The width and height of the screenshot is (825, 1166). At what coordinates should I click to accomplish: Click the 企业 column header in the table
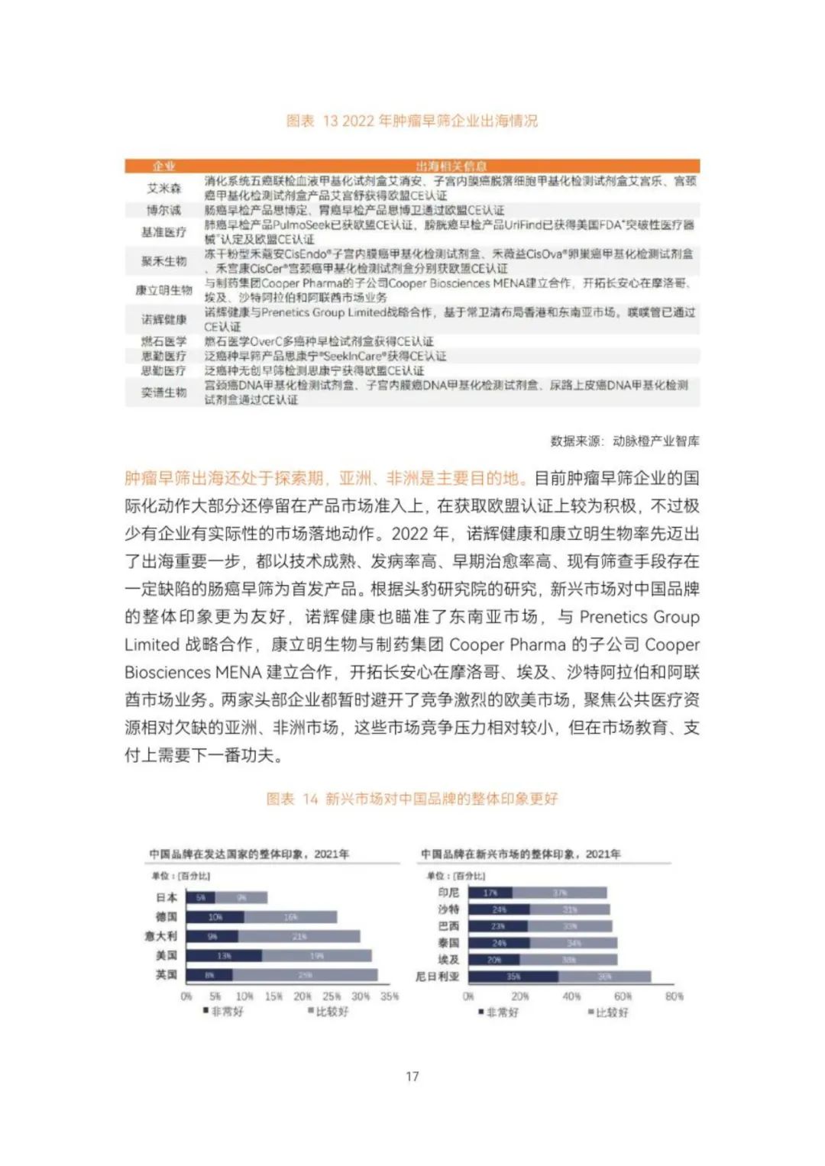(163, 166)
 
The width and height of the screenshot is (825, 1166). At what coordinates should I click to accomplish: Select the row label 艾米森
(163, 188)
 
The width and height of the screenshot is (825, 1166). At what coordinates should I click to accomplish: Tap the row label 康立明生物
(163, 290)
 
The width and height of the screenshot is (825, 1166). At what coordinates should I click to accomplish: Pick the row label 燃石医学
(163, 341)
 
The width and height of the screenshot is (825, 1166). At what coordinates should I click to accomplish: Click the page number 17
(412, 1076)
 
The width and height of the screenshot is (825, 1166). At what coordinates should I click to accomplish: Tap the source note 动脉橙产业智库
(655, 441)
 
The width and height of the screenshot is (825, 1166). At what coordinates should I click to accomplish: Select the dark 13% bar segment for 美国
(224, 955)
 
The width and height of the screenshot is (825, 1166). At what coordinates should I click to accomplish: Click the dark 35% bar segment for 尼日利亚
(513, 977)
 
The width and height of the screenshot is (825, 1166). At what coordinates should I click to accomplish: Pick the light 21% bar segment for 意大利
(299, 936)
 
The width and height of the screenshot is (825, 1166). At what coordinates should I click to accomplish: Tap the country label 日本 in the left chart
(167, 897)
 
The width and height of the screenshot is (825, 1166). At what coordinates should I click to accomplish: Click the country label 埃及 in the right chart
(448, 960)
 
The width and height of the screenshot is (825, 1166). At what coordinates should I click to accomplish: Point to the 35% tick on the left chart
(390, 996)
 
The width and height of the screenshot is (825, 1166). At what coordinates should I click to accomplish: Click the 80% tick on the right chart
(674, 996)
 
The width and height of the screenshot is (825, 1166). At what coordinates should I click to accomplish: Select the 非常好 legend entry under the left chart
(224, 1012)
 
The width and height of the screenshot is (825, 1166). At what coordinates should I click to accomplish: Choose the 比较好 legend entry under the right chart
(609, 1013)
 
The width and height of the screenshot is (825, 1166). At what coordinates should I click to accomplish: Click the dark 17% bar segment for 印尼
(490, 893)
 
